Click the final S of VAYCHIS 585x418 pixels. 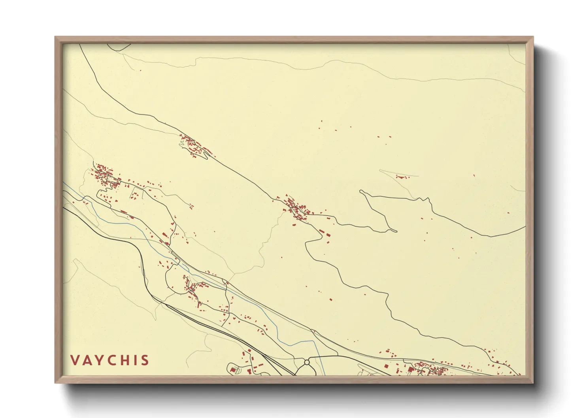pos(145,360)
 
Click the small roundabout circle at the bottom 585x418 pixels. pos(307,362)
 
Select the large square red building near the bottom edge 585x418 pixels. pos(411,370)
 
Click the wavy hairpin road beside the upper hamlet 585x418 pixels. pos(183,145)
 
